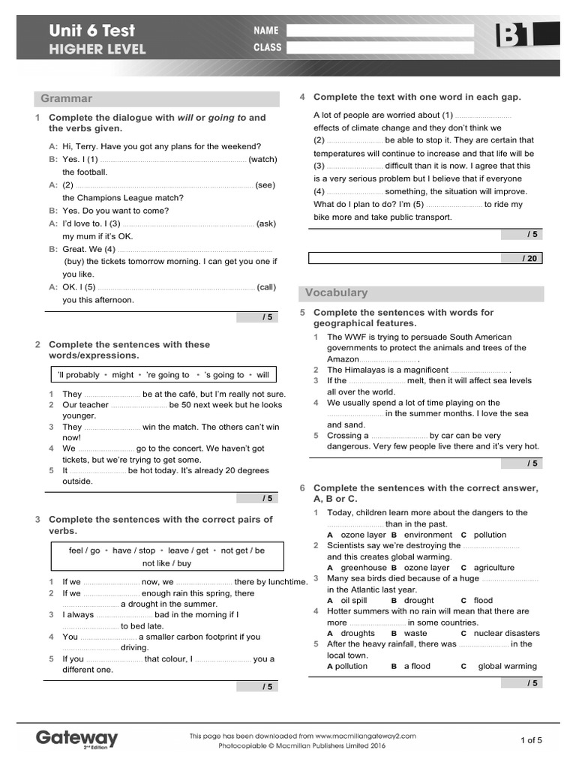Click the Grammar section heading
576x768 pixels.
coord(67,98)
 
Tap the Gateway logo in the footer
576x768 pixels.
coord(76,739)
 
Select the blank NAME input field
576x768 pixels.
coord(379,31)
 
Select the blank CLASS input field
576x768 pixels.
coord(379,48)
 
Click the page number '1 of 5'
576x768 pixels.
coord(530,740)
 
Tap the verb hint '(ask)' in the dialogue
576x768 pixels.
coord(266,223)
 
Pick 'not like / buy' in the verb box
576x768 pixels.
coord(166,563)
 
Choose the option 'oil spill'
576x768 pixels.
coord(354,600)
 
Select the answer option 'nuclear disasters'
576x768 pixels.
coord(506,633)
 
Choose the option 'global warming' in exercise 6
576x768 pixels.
coord(508,666)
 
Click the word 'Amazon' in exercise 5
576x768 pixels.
coord(343,359)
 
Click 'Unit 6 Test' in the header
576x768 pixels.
coord(91,31)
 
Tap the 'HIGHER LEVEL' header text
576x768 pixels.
coord(97,50)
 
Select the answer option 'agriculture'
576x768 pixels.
coord(494,568)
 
